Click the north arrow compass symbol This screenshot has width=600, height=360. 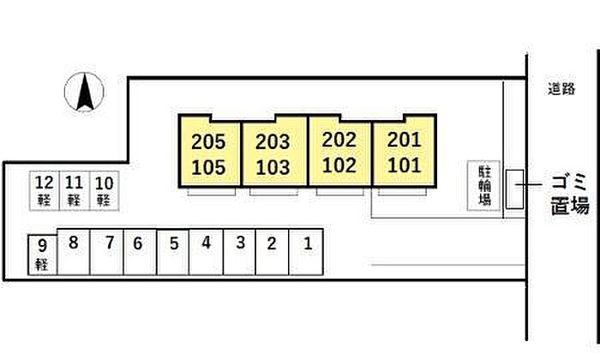click(85, 92)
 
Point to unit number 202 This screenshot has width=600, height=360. click(339, 139)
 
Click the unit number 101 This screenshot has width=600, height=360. click(405, 164)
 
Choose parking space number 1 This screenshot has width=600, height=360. click(307, 243)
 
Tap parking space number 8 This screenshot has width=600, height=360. click(74, 243)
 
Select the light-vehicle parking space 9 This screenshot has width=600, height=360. click(41, 255)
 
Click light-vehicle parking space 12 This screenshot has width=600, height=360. click(45, 190)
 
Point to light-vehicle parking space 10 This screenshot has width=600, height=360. click(104, 190)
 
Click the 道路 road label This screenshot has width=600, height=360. click(562, 88)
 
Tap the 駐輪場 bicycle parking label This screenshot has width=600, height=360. click(483, 186)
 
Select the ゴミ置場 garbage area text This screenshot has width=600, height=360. click(568, 194)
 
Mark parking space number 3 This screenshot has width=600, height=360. click(240, 243)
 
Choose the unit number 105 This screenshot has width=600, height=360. click(208, 168)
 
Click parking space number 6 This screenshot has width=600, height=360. click(137, 243)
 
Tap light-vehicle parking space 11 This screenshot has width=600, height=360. click(75, 190)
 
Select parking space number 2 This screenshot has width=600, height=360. click(272, 243)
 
